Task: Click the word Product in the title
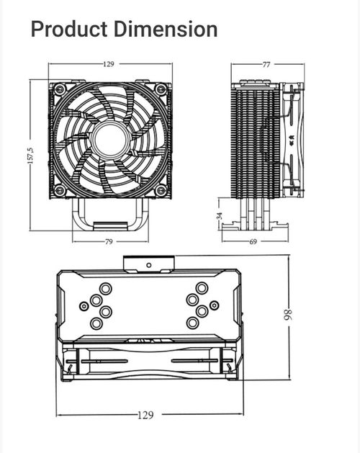click(69, 30)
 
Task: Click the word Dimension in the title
click(166, 29)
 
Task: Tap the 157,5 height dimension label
click(30, 156)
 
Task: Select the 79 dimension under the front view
click(109, 241)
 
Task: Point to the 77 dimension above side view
click(266, 64)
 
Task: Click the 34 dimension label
click(220, 215)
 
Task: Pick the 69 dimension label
click(253, 241)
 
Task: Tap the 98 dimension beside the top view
click(288, 315)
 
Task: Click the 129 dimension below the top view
click(145, 415)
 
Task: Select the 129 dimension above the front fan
click(108, 64)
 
